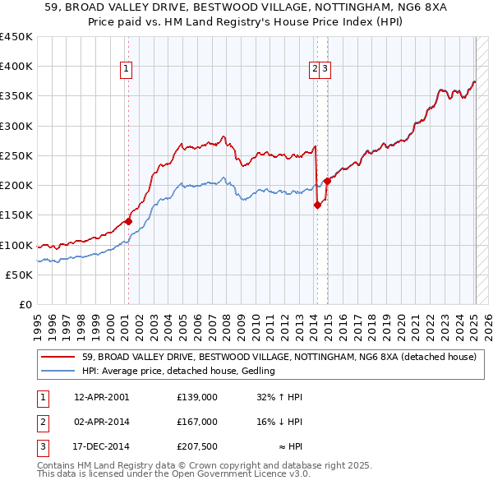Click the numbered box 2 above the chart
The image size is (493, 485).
(x=315, y=70)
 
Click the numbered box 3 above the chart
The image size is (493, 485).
(x=325, y=70)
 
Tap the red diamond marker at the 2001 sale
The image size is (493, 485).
(x=128, y=221)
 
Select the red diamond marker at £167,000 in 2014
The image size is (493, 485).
(x=317, y=206)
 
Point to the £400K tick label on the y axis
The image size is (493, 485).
(x=17, y=67)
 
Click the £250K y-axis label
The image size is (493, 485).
(x=17, y=155)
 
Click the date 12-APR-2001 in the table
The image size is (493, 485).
(x=102, y=398)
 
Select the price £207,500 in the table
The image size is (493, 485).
(x=196, y=447)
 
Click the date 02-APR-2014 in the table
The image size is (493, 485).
(x=102, y=423)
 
